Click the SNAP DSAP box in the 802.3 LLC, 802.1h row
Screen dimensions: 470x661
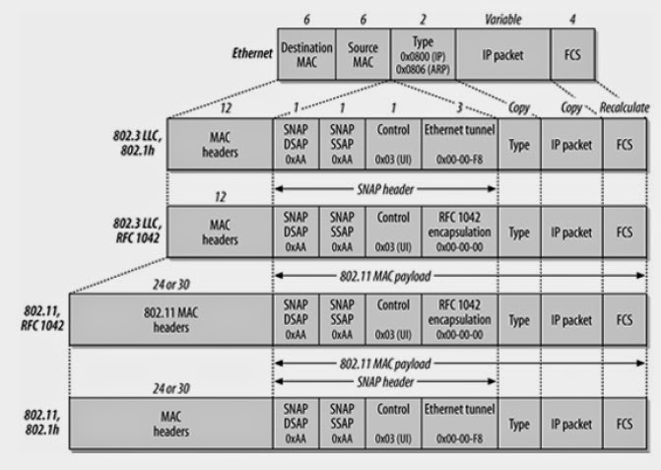tap(297, 142)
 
